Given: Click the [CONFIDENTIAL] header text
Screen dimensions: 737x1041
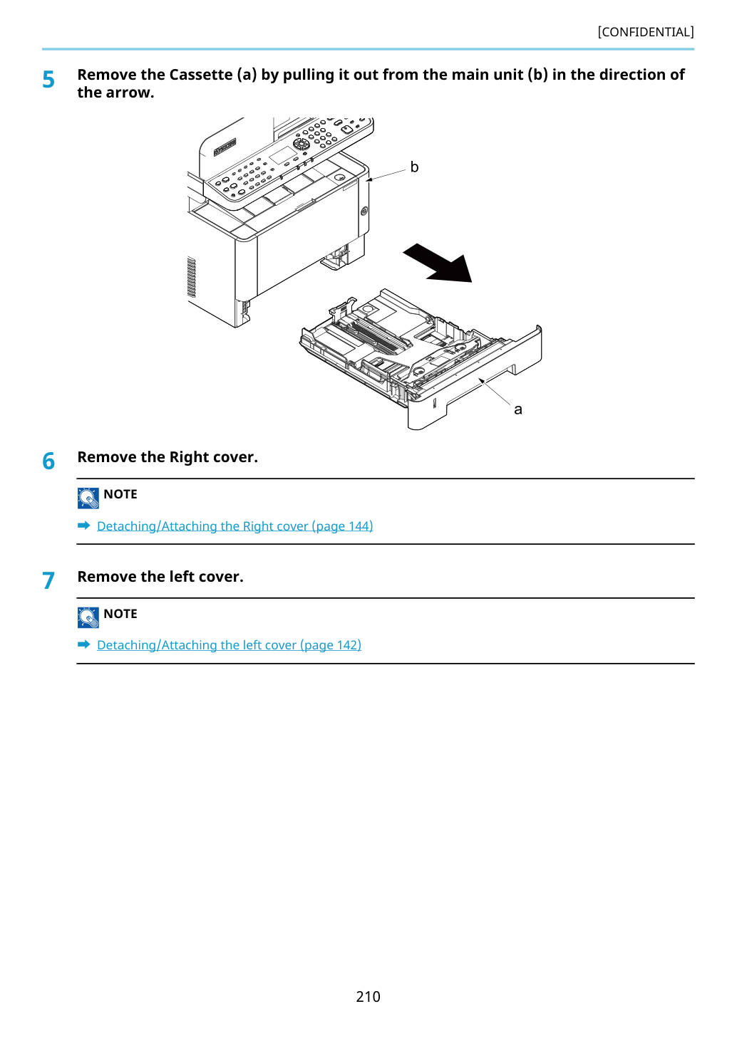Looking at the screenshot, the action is (x=645, y=32).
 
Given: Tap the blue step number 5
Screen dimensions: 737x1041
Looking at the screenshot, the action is (x=48, y=80).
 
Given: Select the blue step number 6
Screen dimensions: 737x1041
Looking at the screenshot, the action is (x=48, y=461).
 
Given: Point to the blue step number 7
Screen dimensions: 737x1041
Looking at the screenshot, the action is (x=48, y=580).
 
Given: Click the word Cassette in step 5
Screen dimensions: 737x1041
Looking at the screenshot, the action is (x=200, y=75).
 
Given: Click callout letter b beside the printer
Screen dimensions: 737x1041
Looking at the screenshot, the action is (x=414, y=167).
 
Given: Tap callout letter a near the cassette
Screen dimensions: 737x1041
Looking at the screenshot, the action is (x=518, y=409).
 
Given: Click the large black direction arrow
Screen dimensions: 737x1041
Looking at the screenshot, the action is (x=439, y=263).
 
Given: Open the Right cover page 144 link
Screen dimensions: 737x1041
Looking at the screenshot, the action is (x=235, y=526).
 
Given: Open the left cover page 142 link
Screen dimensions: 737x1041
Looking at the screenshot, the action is (x=229, y=645).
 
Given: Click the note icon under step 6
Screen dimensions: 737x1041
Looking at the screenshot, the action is (x=88, y=498).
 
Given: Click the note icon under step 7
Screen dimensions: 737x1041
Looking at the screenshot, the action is (x=88, y=617).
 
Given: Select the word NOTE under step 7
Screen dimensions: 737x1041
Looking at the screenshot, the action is (x=120, y=614).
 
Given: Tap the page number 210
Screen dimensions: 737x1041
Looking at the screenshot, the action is (x=368, y=997).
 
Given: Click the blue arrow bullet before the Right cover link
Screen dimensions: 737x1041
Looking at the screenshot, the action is (x=84, y=525).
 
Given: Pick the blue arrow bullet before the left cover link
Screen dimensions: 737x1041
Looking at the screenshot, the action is (x=84, y=644).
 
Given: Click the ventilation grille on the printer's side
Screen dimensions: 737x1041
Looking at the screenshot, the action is (x=191, y=277).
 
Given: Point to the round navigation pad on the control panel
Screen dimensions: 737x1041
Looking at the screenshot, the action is (x=301, y=144).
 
